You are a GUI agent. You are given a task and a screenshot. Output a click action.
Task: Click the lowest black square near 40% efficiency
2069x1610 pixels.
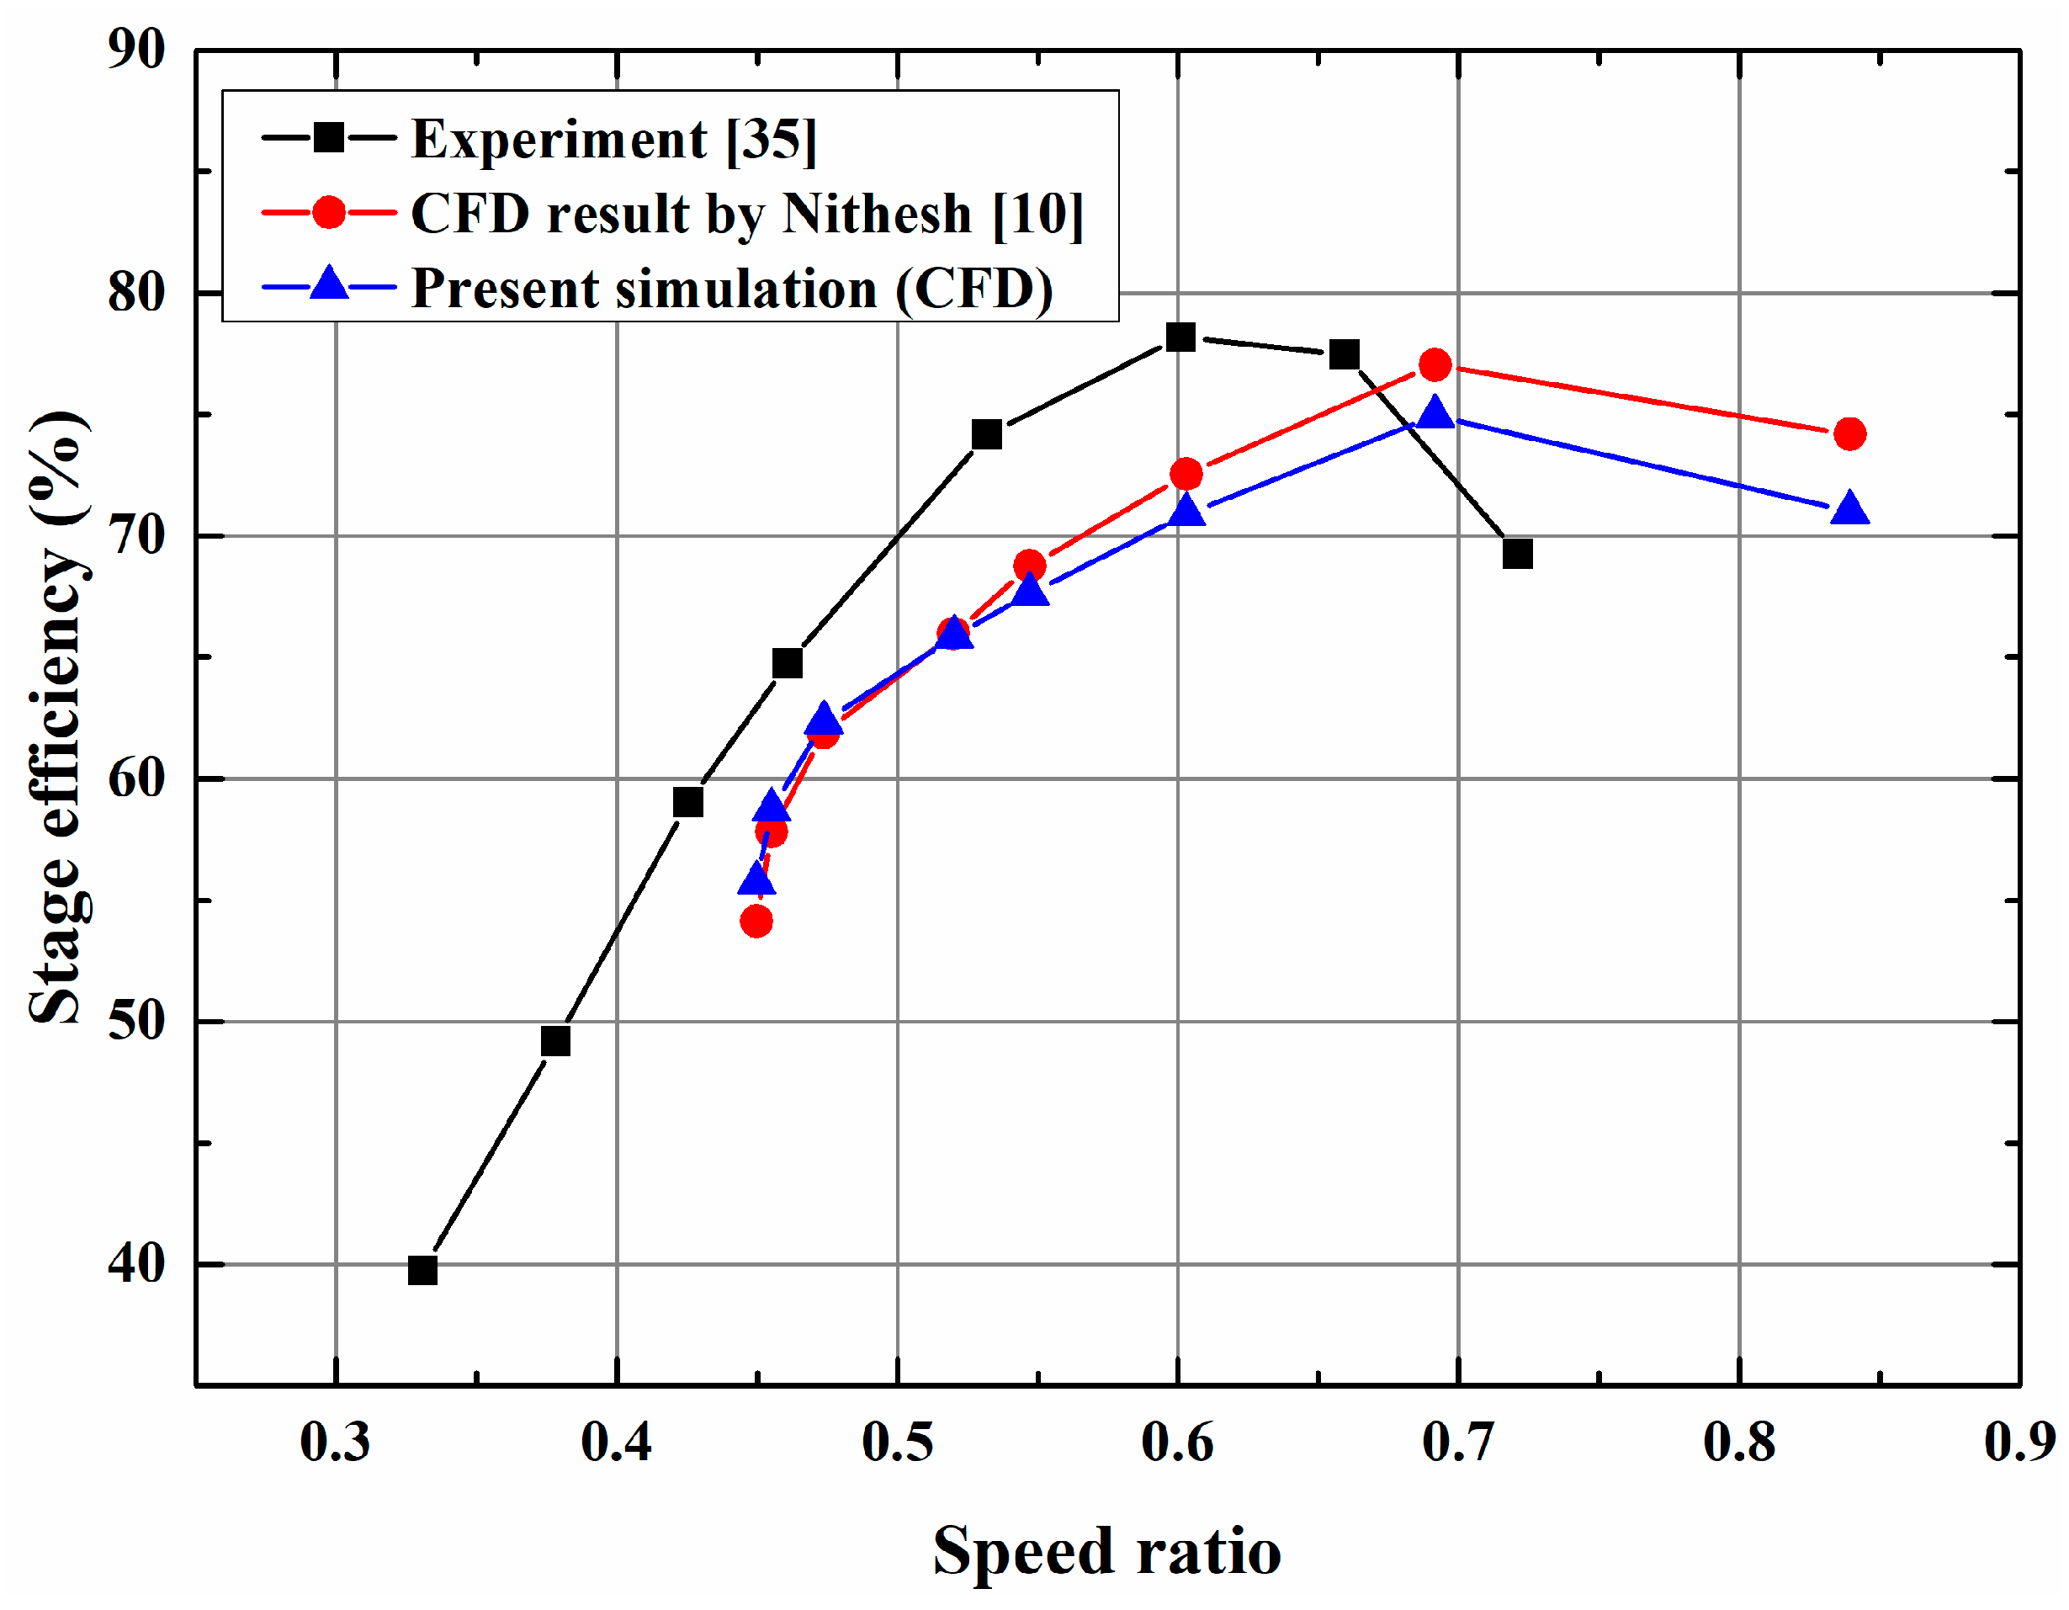(422, 1270)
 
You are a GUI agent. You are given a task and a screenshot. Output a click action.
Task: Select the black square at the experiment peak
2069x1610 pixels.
(1180, 337)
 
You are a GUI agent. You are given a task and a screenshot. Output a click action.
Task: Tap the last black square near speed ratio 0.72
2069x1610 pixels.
(1518, 554)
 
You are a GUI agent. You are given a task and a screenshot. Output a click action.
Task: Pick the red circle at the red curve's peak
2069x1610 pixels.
(1435, 364)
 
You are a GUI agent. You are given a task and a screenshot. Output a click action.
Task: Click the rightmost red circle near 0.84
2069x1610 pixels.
(1849, 434)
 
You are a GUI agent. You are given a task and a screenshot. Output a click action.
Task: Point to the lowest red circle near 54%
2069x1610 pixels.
(756, 920)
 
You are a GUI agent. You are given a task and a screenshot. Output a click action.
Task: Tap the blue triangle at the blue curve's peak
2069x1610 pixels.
(1435, 413)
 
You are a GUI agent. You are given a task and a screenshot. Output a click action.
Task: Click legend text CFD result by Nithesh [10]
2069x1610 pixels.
(746, 213)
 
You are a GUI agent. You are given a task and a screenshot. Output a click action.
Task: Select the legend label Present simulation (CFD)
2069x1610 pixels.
(731, 288)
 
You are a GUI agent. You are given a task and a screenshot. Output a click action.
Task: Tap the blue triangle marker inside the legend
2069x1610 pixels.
(329, 284)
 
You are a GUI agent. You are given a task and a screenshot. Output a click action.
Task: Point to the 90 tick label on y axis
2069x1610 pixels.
(135, 50)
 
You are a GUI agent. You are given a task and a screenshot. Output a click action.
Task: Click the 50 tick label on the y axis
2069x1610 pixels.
(135, 1022)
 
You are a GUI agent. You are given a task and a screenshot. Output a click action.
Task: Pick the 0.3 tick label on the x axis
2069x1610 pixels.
(336, 1443)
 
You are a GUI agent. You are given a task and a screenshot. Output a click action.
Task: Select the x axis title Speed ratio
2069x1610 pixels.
(1106, 1552)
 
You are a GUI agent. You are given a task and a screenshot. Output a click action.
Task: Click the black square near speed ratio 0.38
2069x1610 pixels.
(555, 1041)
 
